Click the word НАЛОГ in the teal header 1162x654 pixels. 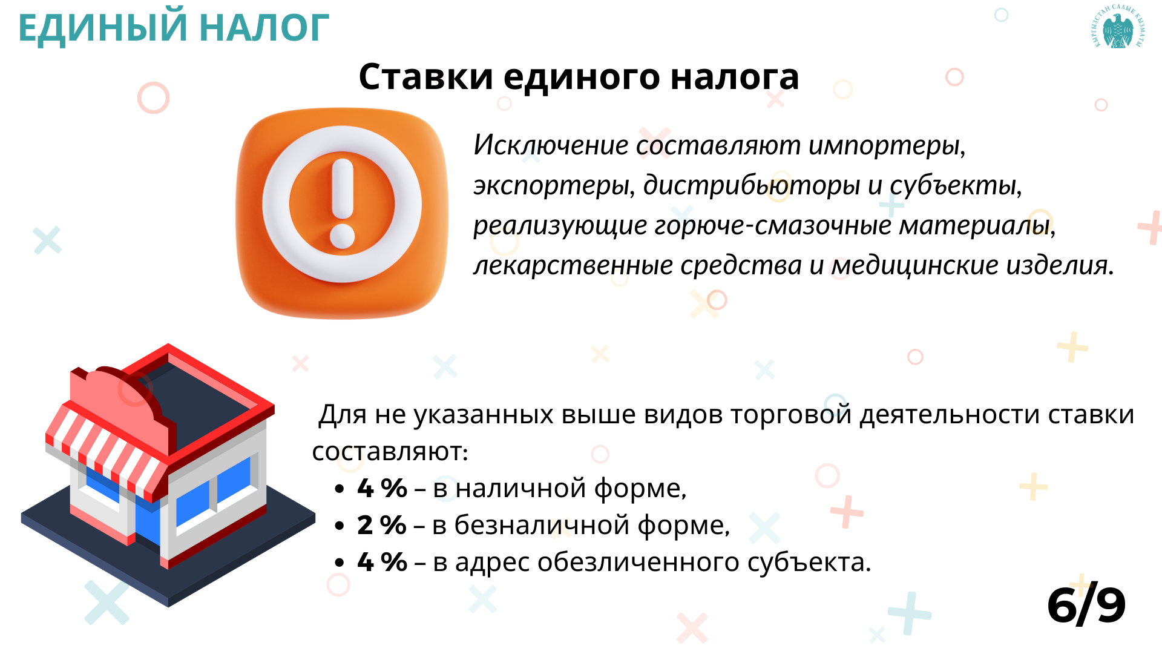point(264,28)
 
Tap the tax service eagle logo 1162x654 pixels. point(1118,27)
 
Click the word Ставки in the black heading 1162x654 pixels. point(425,77)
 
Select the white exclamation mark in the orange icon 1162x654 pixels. point(343,203)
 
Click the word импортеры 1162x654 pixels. point(887,145)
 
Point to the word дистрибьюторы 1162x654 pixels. point(751,185)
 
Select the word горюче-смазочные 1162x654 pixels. point(773,225)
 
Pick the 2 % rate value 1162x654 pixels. point(381,525)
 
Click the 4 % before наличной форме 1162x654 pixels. point(382,488)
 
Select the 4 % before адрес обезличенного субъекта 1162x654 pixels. point(382,562)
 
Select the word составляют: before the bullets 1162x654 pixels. point(390,452)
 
